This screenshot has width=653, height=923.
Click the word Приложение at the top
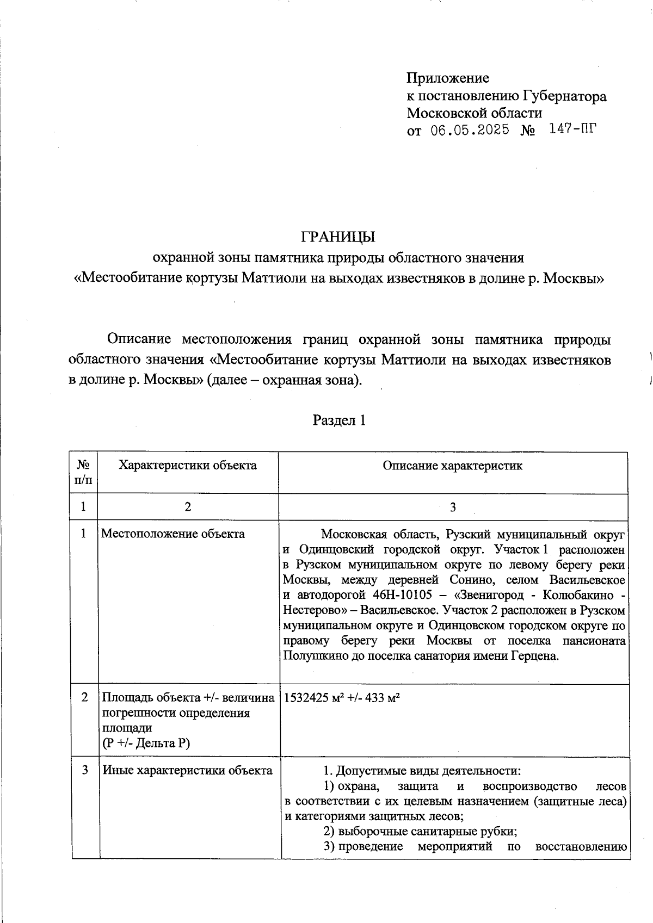(448, 78)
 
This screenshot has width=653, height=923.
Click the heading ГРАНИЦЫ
(338, 238)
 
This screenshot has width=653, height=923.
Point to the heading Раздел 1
(338, 420)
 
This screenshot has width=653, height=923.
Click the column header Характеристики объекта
(188, 466)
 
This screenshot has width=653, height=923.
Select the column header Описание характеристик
(452, 466)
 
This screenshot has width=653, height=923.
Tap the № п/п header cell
(83, 473)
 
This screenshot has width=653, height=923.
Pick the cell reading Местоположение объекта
(173, 534)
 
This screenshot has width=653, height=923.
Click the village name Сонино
(468, 580)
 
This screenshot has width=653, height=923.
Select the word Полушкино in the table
(309, 656)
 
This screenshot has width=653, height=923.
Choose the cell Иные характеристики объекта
(187, 771)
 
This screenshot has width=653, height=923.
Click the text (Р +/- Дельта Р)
(146, 744)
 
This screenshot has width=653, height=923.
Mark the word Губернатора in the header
(565, 97)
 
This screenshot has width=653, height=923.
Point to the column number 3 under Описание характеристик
(453, 507)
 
